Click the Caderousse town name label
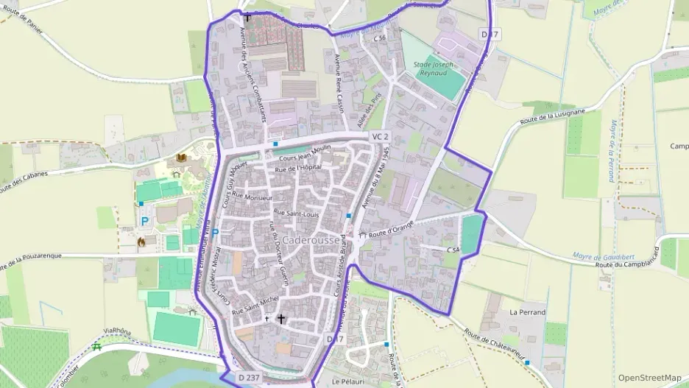(311, 240)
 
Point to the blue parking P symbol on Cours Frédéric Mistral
(215, 233)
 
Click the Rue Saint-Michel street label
(255, 306)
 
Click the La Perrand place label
(528, 312)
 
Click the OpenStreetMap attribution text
(649, 378)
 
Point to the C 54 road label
(453, 250)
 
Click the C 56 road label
(380, 38)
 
